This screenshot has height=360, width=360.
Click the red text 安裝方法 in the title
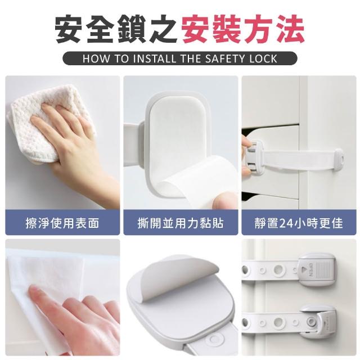[243, 29]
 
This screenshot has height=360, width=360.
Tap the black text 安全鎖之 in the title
[116, 29]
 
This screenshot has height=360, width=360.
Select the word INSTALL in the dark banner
[155, 58]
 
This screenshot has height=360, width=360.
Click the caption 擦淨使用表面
[62, 223]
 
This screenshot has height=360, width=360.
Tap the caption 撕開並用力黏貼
[181, 223]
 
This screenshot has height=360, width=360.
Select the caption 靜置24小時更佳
[299, 223]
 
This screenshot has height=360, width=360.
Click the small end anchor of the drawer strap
[339, 158]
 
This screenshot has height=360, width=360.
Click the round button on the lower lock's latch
[312, 319]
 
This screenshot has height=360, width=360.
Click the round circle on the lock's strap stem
[214, 339]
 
